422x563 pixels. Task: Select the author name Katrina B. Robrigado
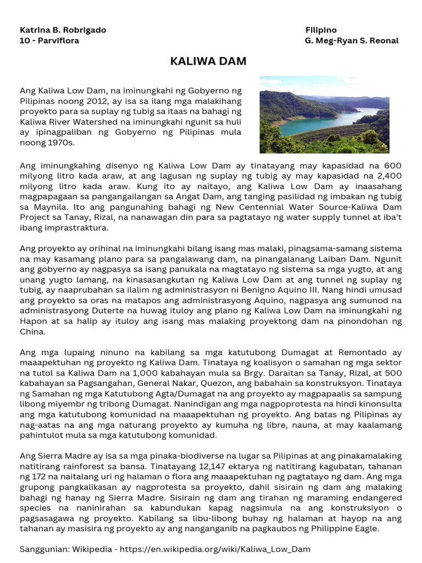pos(63,30)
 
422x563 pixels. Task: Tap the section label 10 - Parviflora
pos(49,41)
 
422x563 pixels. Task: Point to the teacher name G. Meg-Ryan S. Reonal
pos(352,41)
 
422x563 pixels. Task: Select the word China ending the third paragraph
pos(32,332)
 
